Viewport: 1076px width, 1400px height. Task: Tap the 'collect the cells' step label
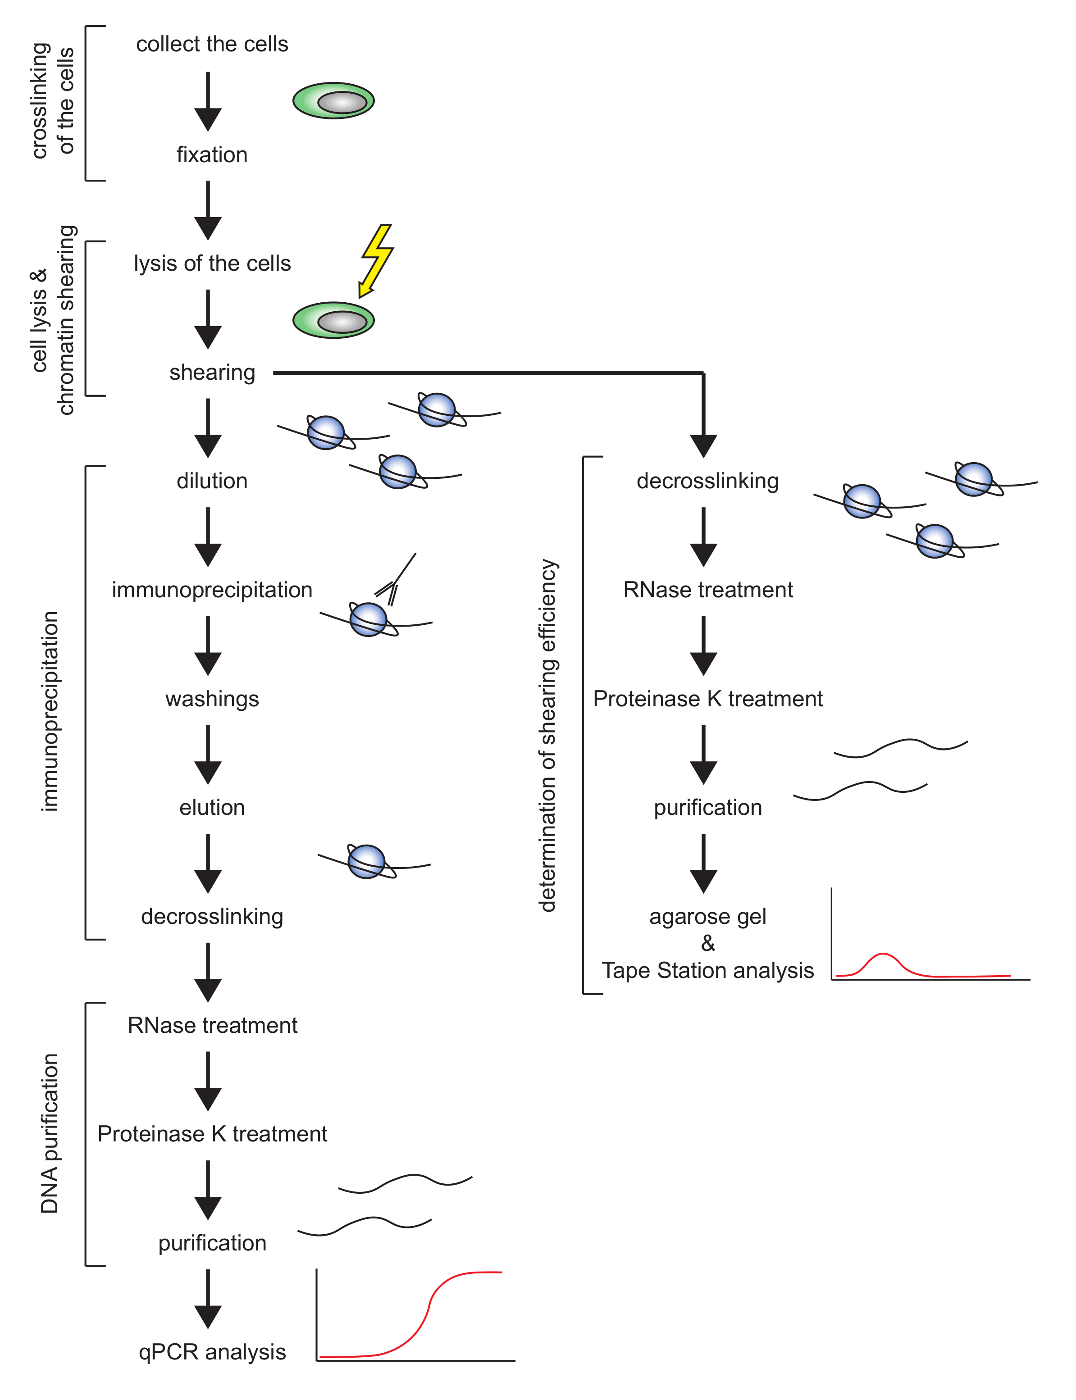(212, 44)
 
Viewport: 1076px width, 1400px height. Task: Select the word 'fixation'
(212, 155)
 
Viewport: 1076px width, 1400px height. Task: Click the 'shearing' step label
(212, 373)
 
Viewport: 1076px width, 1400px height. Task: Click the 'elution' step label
(212, 807)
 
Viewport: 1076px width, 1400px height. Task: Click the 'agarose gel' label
(708, 917)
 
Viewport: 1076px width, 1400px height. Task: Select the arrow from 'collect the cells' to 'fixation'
(208, 101)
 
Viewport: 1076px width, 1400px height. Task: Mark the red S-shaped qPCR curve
(428, 1306)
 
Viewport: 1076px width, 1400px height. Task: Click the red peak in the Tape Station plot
(883, 955)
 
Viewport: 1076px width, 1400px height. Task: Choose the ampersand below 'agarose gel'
(708, 944)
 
